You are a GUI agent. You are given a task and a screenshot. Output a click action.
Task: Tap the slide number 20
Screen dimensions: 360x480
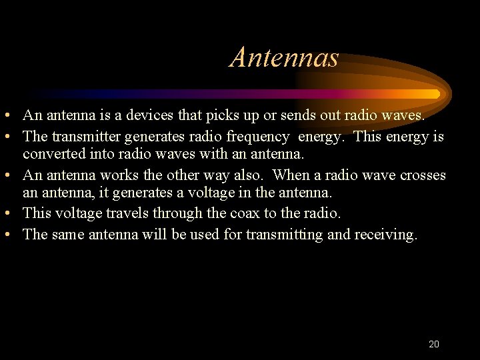pyautogui.click(x=433, y=344)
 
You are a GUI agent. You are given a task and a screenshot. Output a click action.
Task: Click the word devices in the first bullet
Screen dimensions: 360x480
pyautogui.click(x=151, y=115)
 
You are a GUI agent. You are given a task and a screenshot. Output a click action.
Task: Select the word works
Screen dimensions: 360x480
pyautogui.click(x=119, y=175)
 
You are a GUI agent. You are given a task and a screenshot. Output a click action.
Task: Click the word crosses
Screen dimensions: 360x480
pyautogui.click(x=423, y=175)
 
